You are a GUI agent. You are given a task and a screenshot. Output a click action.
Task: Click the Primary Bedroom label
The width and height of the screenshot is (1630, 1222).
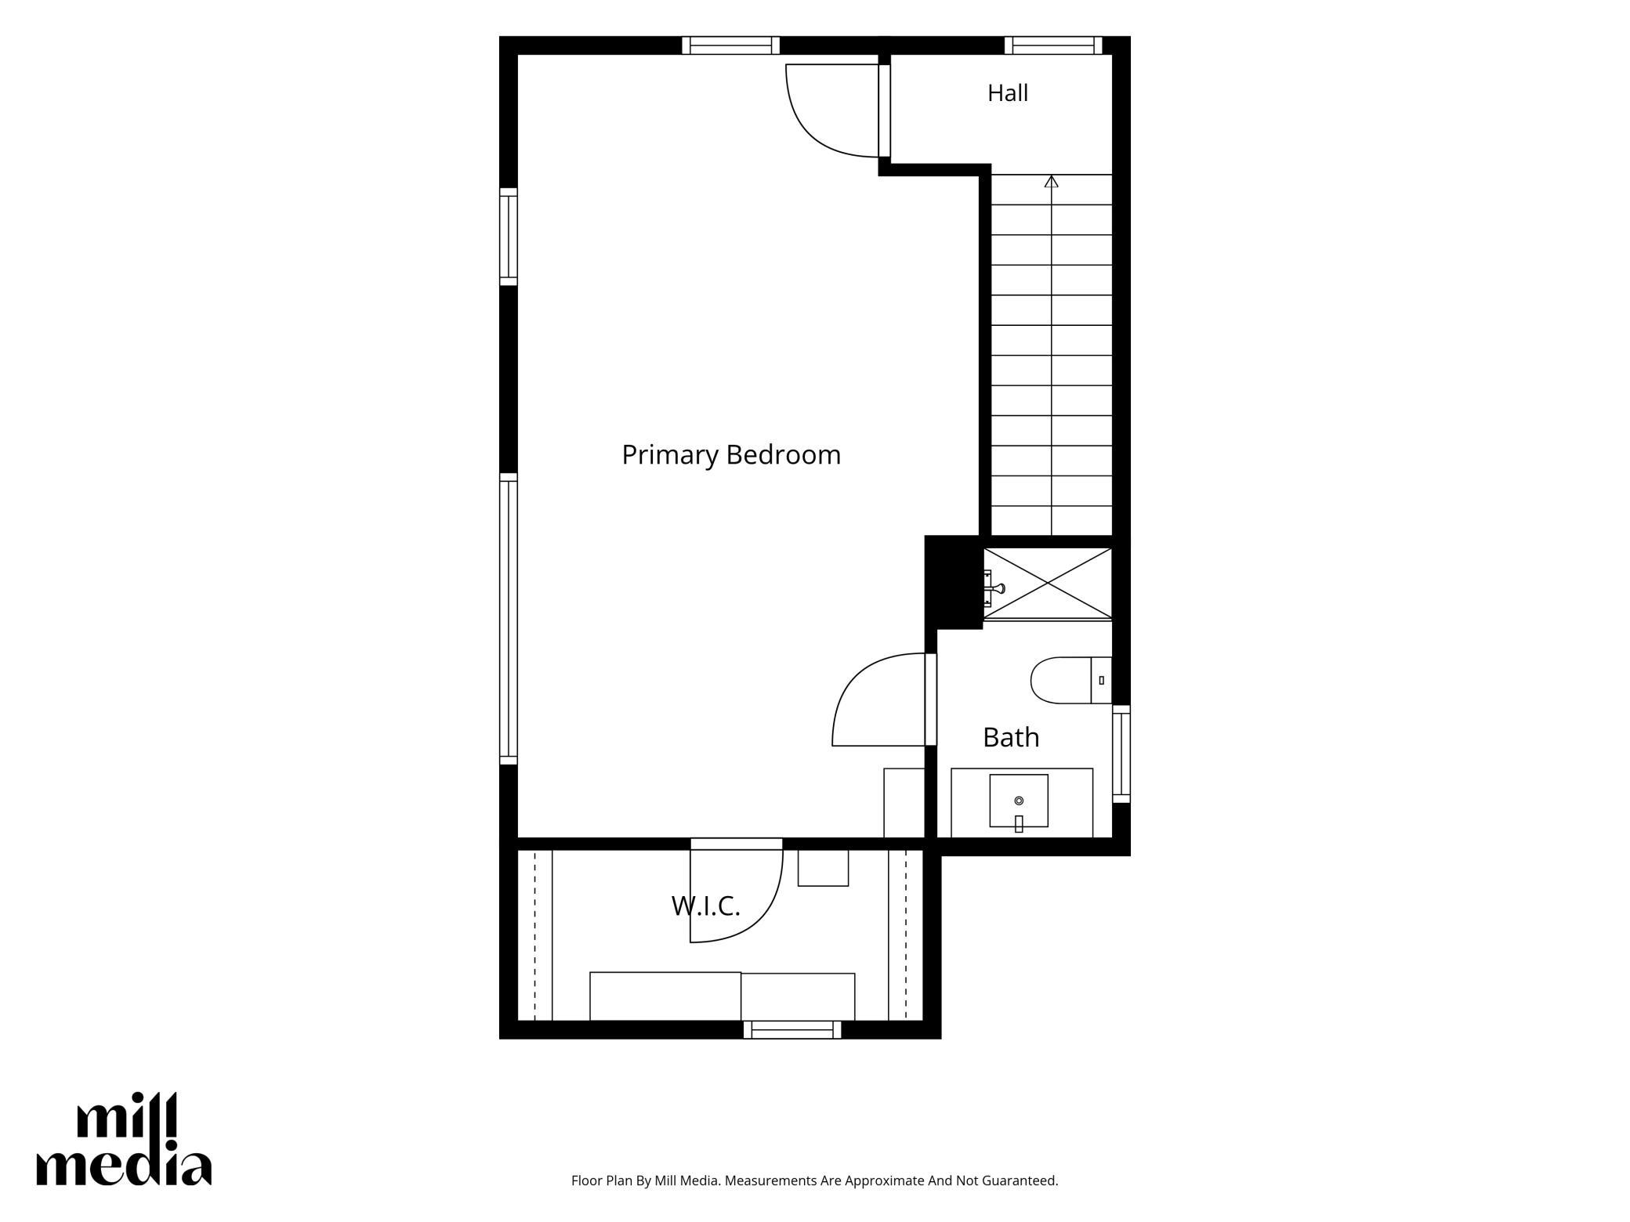pyautogui.click(x=730, y=455)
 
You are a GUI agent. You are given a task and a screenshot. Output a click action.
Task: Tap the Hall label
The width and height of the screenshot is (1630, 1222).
pyautogui.click(x=1008, y=93)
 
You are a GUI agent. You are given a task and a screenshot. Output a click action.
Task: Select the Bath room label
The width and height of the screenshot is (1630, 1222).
pyautogui.click(x=1011, y=737)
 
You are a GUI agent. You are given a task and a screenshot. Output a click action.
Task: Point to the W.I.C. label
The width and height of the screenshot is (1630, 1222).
pyautogui.click(x=705, y=906)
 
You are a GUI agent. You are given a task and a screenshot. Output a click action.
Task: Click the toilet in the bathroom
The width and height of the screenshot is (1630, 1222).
pyautogui.click(x=1070, y=680)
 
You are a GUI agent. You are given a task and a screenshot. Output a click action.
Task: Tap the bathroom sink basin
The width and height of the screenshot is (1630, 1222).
pyautogui.click(x=1019, y=801)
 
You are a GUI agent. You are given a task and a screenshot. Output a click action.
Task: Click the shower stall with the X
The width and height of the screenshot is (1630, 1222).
pyautogui.click(x=1048, y=584)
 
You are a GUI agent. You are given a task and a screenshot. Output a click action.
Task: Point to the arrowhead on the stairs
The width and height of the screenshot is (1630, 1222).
pyautogui.click(x=1052, y=182)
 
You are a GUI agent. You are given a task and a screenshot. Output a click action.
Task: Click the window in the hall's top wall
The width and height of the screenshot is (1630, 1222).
pyautogui.click(x=1053, y=45)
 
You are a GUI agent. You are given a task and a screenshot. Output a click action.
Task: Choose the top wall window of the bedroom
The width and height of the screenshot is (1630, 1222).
pyautogui.click(x=730, y=45)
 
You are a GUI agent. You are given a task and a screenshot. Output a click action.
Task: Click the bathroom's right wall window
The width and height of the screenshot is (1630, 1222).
pyautogui.click(x=1121, y=754)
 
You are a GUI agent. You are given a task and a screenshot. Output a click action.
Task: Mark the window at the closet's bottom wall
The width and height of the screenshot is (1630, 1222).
pyautogui.click(x=792, y=1029)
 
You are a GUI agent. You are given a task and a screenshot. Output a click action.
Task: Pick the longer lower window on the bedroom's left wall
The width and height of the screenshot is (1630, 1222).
pyautogui.click(x=509, y=619)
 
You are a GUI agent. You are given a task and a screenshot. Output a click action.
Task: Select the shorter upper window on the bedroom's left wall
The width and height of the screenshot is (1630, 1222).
pyautogui.click(x=509, y=237)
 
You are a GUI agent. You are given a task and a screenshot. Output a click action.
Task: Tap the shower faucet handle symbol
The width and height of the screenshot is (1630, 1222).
pyautogui.click(x=997, y=587)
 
